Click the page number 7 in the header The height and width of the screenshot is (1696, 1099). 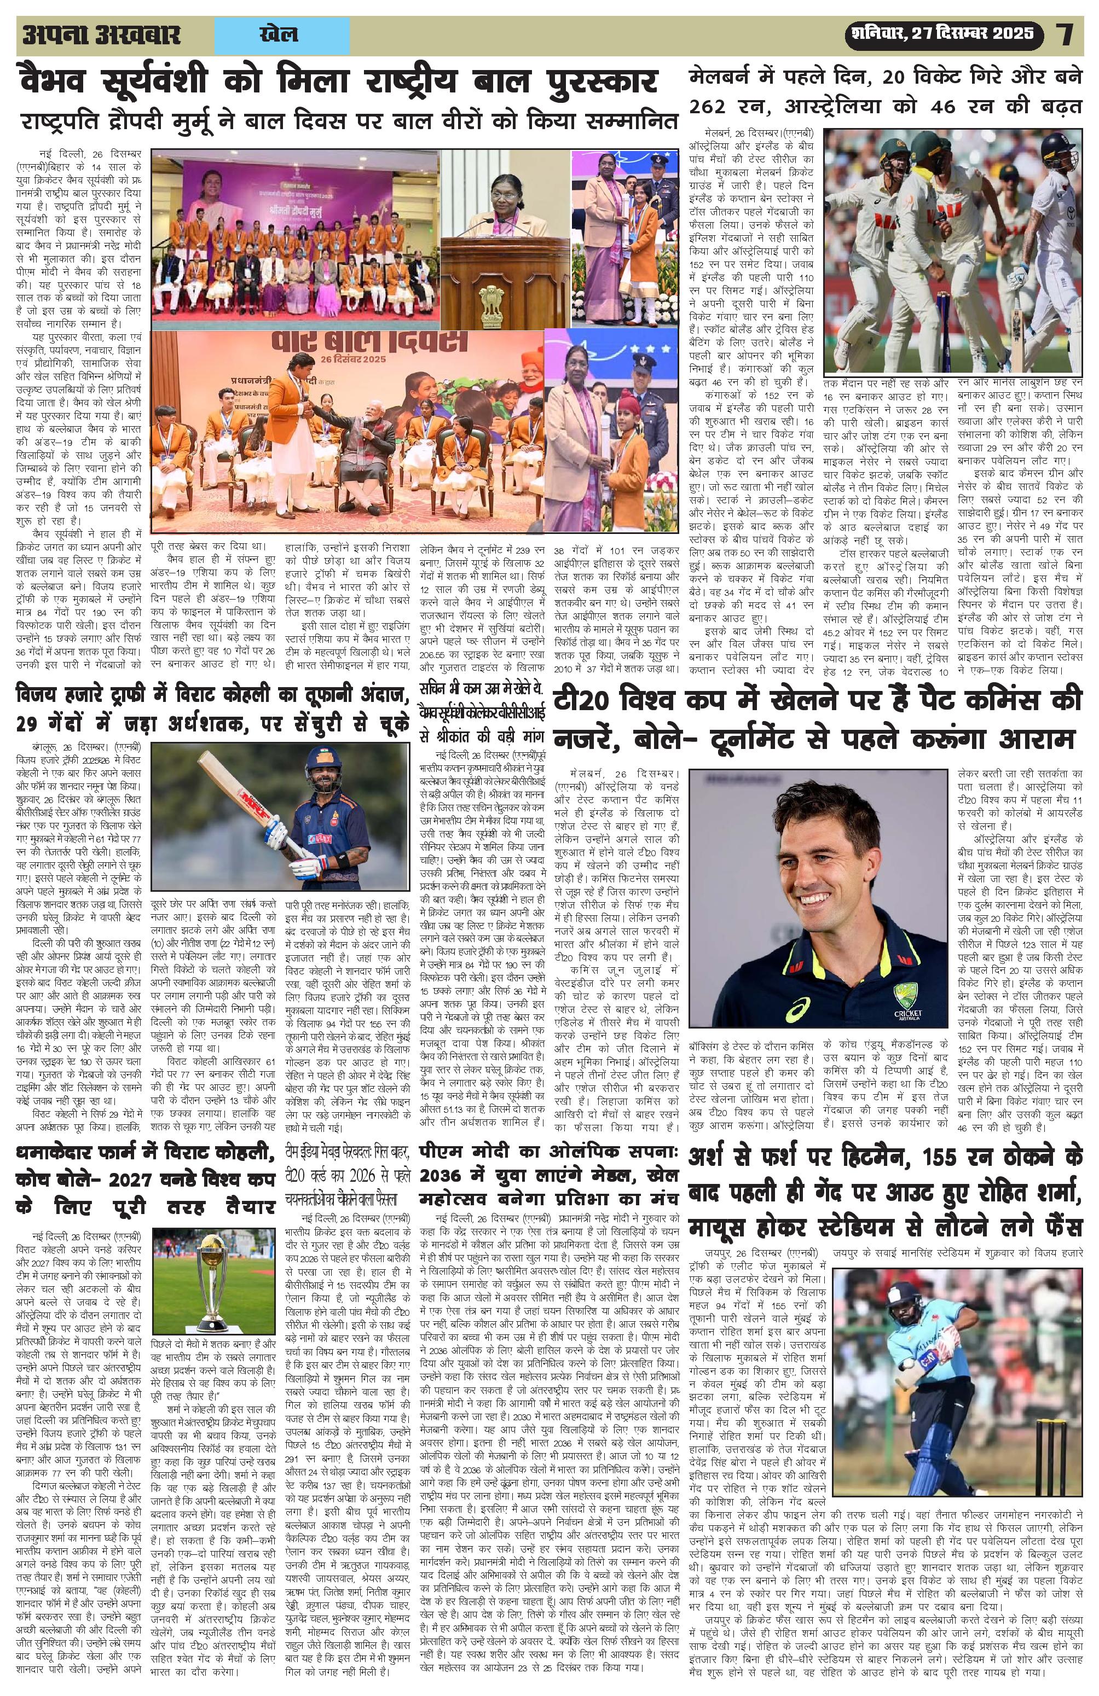[x=1066, y=35]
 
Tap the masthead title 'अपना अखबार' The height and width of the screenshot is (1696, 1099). [x=101, y=35]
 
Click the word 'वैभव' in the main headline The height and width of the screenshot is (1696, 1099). [x=57, y=82]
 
